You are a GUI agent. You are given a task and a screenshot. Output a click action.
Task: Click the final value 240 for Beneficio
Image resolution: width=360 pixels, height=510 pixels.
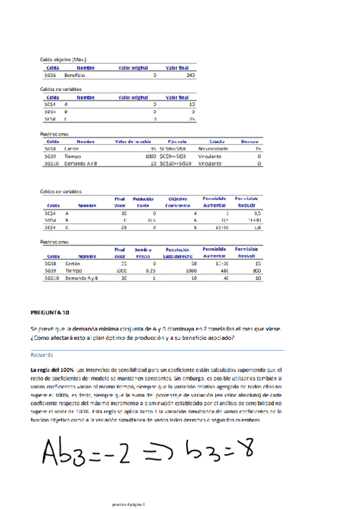pyautogui.click(x=191, y=76)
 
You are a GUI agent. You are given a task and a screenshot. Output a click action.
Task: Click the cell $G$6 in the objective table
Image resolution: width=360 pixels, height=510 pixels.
pyautogui.click(x=50, y=76)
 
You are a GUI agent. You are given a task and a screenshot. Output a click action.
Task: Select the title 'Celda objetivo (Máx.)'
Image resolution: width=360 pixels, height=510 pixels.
pyautogui.click(x=63, y=60)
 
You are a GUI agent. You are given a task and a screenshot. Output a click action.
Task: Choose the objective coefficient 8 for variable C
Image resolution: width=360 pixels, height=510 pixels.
pyautogui.click(x=195, y=228)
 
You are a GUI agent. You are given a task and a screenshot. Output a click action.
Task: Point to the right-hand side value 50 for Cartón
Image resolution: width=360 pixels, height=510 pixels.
pyautogui.click(x=194, y=263)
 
